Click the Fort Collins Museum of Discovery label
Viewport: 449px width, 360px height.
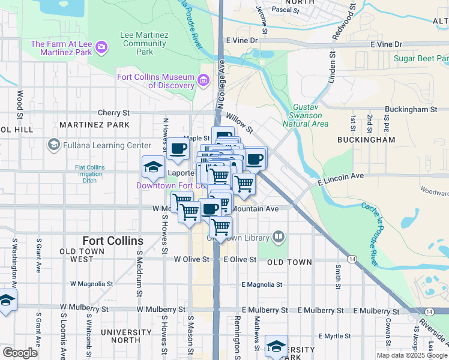tap(156, 81)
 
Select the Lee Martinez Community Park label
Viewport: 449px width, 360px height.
tap(144, 43)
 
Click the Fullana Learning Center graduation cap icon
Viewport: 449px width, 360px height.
tap(53, 145)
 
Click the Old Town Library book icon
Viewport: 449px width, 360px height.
tap(278, 238)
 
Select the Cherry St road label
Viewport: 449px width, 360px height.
tap(113, 113)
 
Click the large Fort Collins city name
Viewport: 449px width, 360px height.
tap(104, 241)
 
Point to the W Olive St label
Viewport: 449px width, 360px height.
tap(191, 260)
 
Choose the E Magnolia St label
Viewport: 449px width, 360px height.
tap(262, 284)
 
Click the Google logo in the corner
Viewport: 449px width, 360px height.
tap(20, 352)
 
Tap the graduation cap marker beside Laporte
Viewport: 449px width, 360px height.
tap(153, 167)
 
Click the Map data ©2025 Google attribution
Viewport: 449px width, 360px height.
tap(412, 355)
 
